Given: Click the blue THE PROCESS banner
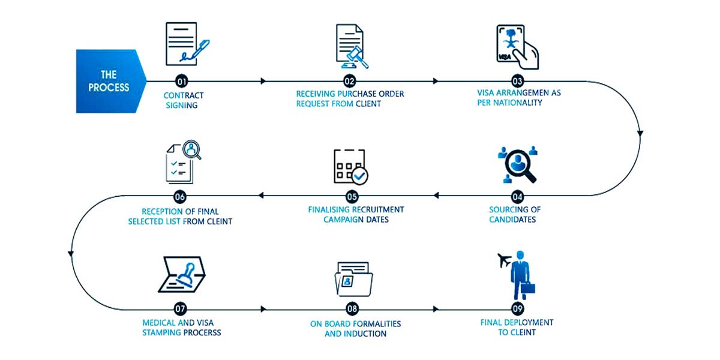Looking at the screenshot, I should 110,81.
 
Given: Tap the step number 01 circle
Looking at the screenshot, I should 181,81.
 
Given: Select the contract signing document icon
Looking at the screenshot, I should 184,44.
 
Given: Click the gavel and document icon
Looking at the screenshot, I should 351,46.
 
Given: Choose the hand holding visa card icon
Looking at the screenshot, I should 517,47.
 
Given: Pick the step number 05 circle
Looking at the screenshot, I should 352,196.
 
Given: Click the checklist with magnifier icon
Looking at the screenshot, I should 183,161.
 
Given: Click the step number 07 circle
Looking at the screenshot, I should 181,309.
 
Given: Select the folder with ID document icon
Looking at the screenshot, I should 353,278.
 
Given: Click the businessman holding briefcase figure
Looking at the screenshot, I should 520,276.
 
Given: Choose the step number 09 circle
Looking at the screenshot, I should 518,309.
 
